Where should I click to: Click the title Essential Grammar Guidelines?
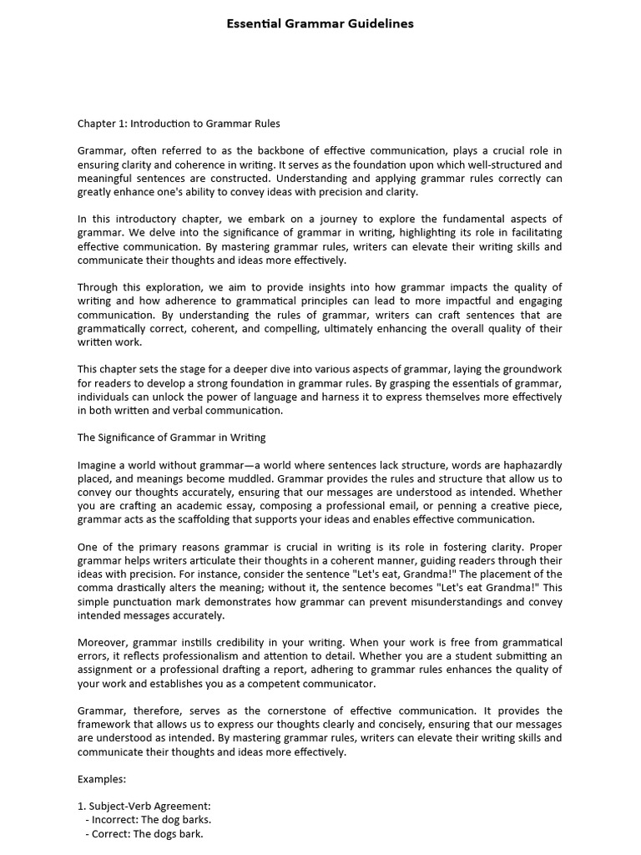click(320, 23)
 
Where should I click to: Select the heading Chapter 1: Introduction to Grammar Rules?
click(179, 124)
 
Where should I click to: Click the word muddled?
click(246, 478)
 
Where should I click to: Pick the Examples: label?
click(102, 779)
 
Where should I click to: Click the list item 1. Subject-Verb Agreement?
click(144, 807)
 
